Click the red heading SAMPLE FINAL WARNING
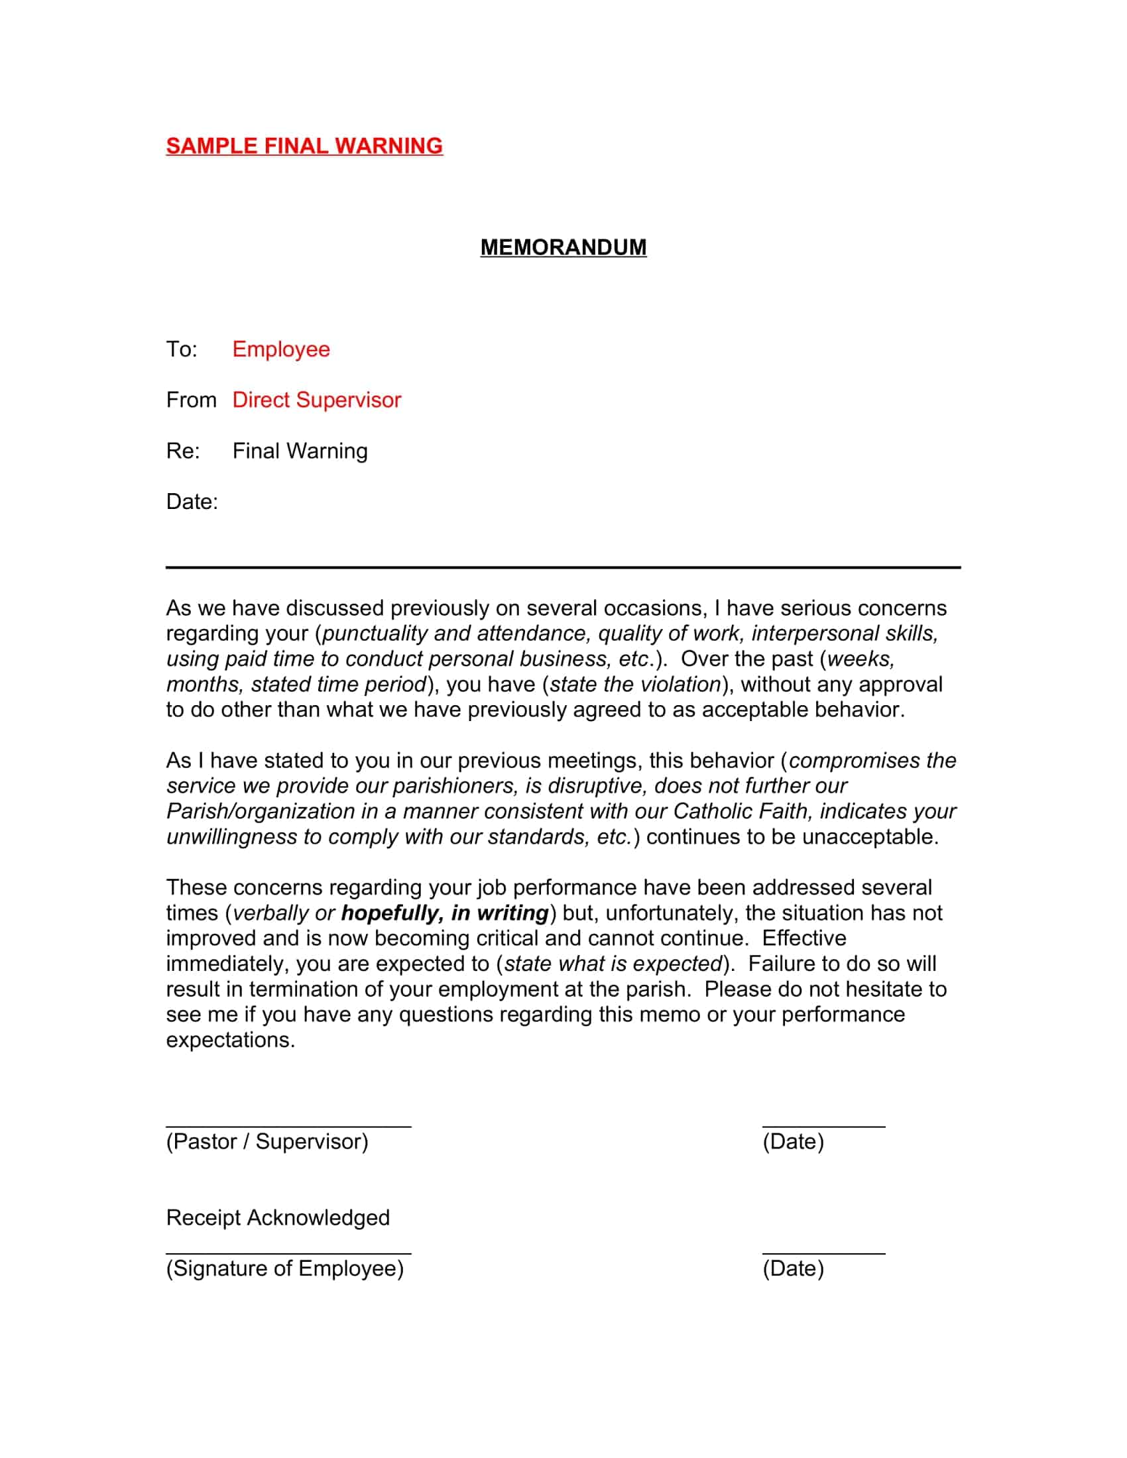(304, 146)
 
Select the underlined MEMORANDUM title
(563, 247)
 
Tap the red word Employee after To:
(280, 349)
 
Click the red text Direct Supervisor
(316, 400)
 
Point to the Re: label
(183, 451)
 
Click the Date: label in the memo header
(192, 502)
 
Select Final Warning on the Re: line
(300, 451)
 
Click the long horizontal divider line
(563, 567)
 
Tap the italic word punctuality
(375, 634)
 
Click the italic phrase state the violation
(635, 685)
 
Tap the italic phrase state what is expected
(613, 964)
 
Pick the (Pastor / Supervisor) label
(267, 1142)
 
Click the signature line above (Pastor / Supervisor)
(288, 1126)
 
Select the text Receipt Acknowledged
(278, 1217)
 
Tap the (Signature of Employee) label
(285, 1268)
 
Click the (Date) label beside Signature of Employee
(793, 1268)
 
